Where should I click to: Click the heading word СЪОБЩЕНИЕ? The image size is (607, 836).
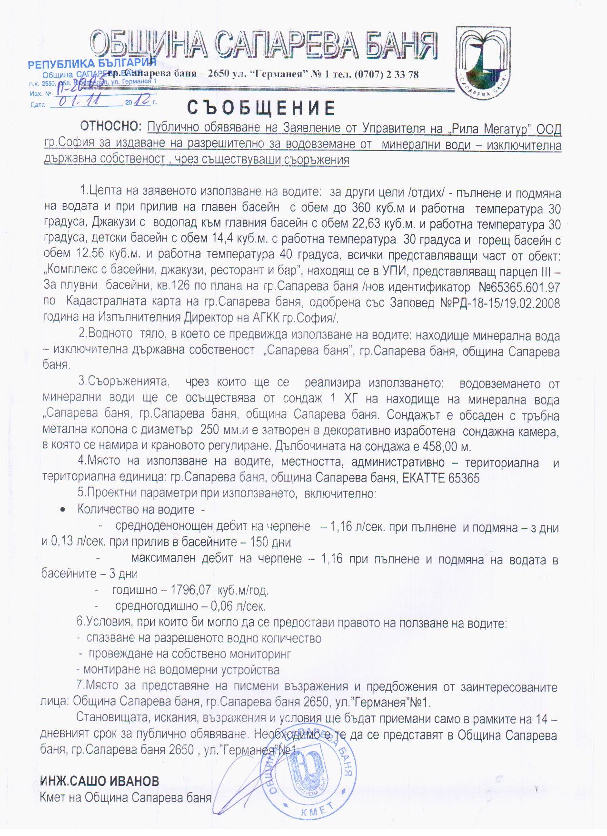click(261, 108)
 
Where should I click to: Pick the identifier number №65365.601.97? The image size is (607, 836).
click(519, 287)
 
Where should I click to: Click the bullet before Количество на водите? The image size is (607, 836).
click(62, 510)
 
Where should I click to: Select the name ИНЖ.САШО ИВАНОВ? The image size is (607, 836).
click(100, 781)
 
